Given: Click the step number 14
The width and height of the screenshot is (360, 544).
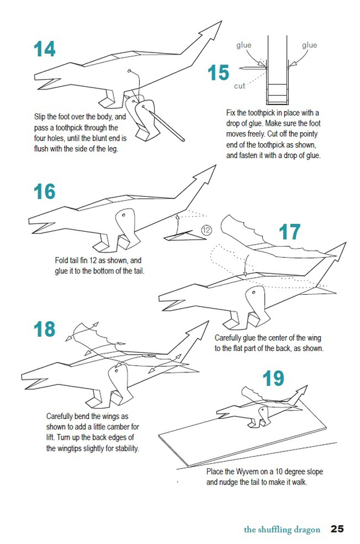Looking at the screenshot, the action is [45, 49].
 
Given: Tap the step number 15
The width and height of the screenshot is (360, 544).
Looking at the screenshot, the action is [218, 73].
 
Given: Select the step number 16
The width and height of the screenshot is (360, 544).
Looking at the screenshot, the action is [45, 192].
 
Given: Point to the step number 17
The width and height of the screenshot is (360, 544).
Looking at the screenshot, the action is [289, 232].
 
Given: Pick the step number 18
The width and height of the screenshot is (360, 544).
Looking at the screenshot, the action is [45, 329].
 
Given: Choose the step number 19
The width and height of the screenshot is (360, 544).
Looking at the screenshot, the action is [273, 378].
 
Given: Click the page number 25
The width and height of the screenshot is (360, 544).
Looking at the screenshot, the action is [337, 528].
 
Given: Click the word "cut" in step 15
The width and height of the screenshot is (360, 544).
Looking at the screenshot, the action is [240, 85].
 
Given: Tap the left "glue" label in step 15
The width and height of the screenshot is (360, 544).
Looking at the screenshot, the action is [244, 45].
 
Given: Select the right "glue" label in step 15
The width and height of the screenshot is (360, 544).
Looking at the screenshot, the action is [309, 45].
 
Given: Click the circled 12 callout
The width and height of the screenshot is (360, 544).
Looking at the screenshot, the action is [206, 230].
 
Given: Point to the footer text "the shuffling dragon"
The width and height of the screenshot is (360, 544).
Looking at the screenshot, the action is [282, 530].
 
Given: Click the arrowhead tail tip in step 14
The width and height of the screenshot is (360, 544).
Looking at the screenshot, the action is [221, 21].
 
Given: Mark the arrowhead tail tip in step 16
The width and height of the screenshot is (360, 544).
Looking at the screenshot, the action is [216, 166].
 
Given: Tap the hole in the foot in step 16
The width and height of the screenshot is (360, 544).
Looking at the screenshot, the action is [123, 215].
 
